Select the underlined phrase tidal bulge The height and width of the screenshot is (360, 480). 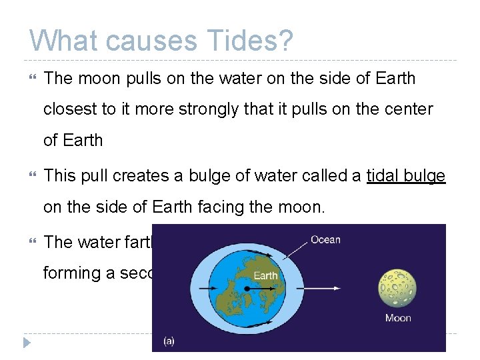(405, 177)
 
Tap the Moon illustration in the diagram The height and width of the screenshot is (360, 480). (397, 288)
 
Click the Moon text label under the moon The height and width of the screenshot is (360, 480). (397, 318)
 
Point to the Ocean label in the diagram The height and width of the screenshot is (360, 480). (325, 240)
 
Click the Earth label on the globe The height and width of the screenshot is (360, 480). (265, 275)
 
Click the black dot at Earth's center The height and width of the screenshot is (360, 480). (247, 289)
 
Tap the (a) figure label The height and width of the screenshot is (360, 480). (169, 341)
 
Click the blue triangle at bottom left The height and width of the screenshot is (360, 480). (26, 343)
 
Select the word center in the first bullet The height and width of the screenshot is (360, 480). (409, 109)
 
